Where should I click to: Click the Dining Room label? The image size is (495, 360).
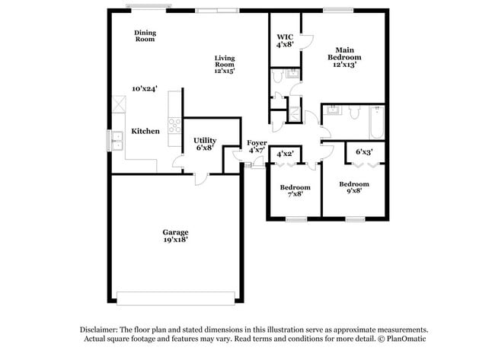(x=145, y=36)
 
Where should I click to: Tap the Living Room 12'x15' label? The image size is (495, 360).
(x=224, y=65)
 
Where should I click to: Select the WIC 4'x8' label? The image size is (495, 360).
(x=285, y=41)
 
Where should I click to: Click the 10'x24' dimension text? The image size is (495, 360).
(x=144, y=88)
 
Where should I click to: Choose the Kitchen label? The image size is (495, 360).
(x=145, y=131)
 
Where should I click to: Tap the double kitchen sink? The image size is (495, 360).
(x=117, y=141)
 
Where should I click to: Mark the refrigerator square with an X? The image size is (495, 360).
(x=118, y=104)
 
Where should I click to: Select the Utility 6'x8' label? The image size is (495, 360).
(x=204, y=144)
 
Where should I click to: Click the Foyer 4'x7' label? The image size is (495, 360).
(x=256, y=146)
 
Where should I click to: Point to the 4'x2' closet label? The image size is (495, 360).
(x=285, y=154)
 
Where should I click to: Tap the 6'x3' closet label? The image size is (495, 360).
(x=365, y=152)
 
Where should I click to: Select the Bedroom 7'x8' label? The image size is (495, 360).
(x=295, y=190)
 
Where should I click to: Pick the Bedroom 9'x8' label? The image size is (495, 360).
(x=353, y=187)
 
